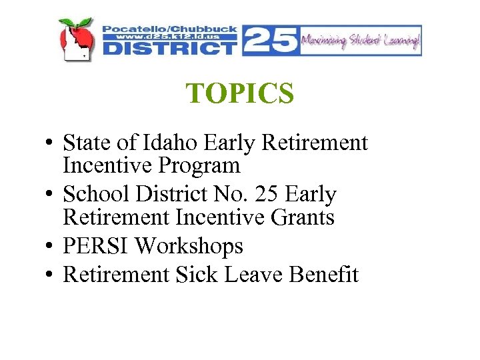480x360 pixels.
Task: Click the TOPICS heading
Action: point(240,94)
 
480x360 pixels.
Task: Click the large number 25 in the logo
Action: point(270,39)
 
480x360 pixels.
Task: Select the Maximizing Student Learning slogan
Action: point(361,41)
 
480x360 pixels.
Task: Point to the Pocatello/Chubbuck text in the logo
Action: point(170,29)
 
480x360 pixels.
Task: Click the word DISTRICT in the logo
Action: point(170,49)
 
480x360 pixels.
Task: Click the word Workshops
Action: point(189,247)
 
